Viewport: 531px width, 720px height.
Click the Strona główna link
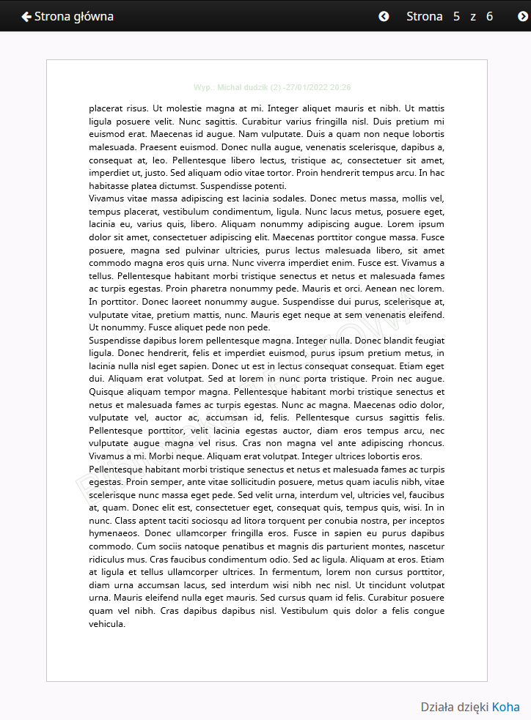tap(73, 16)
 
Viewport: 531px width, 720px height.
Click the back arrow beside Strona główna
tap(26, 16)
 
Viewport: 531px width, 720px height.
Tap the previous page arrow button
tap(384, 16)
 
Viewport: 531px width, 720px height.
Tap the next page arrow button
tap(522, 16)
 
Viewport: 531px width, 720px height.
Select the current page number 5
tap(456, 16)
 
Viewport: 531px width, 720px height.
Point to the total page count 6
tap(489, 16)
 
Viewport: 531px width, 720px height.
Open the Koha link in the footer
tap(505, 707)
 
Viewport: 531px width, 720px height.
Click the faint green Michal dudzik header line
tap(272, 87)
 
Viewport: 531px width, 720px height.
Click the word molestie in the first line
tap(175, 108)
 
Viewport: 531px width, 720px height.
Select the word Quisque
tap(109, 392)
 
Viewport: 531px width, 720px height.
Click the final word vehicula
tap(107, 624)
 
